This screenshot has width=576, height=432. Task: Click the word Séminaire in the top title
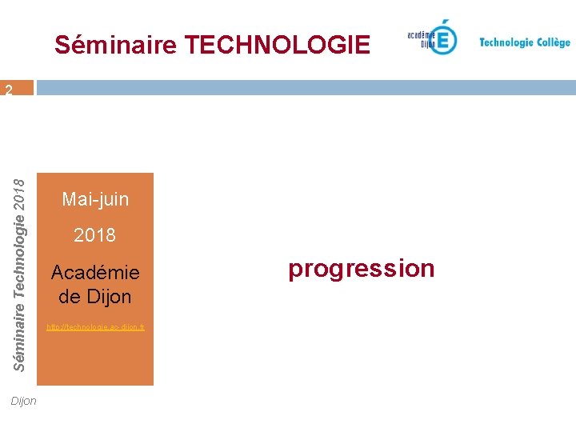(x=115, y=45)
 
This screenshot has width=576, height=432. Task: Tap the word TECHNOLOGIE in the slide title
(x=277, y=45)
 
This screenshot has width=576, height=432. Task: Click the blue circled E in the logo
(x=442, y=38)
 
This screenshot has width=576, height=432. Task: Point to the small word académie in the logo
(x=421, y=34)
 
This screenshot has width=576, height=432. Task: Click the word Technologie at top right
(x=506, y=42)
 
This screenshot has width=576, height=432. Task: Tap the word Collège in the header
(x=553, y=42)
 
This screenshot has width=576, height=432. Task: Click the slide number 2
(x=8, y=90)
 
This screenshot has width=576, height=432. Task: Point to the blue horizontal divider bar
(x=304, y=88)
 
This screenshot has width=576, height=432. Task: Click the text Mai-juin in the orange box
(x=95, y=199)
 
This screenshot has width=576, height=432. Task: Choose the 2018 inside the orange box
(x=94, y=235)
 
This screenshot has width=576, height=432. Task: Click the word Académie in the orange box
(x=95, y=272)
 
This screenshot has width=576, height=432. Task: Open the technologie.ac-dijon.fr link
(x=95, y=328)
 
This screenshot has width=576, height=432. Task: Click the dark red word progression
(x=362, y=269)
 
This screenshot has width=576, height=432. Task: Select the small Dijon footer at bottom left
(x=24, y=401)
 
